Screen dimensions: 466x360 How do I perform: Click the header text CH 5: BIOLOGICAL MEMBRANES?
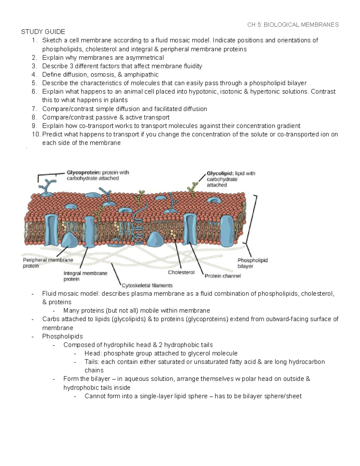click(x=293, y=25)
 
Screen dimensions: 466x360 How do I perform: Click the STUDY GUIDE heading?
click(x=43, y=32)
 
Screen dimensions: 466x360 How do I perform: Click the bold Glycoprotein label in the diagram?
click(x=83, y=173)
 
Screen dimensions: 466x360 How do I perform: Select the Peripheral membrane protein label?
click(x=48, y=263)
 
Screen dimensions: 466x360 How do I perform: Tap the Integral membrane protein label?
click(x=85, y=276)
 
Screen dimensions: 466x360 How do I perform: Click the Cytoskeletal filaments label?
click(x=147, y=285)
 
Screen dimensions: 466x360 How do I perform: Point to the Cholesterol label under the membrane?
click(x=181, y=272)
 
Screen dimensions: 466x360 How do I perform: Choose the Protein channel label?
click(x=223, y=276)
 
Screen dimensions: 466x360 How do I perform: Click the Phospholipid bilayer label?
click(x=252, y=263)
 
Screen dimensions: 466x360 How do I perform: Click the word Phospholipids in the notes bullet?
click(x=62, y=336)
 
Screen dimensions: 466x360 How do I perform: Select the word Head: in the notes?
click(x=93, y=353)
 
